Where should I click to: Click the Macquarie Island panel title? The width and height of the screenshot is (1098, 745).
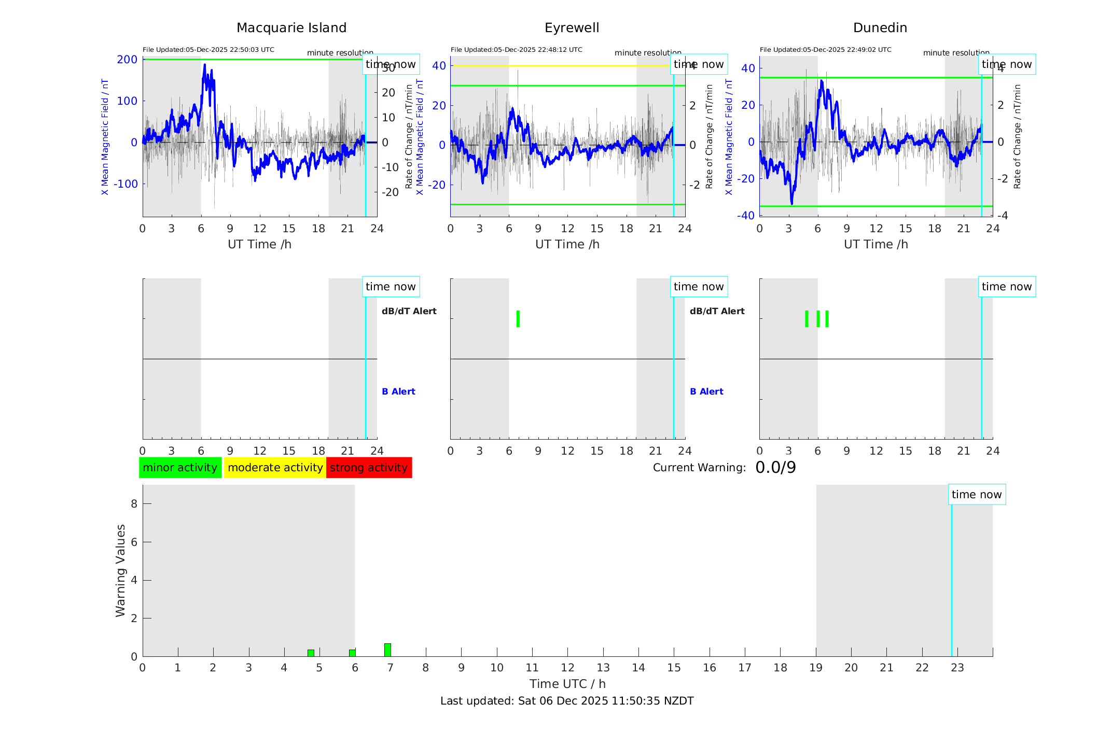click(x=291, y=28)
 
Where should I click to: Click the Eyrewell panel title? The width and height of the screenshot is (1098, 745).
click(x=572, y=28)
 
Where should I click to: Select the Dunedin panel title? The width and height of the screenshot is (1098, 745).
click(x=880, y=28)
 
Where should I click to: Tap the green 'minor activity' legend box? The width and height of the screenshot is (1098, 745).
click(x=180, y=468)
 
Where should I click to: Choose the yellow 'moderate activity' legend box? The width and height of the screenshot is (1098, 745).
click(x=275, y=468)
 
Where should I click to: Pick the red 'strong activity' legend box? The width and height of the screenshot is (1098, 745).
click(x=369, y=468)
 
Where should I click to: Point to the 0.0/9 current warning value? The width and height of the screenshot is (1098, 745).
click(x=775, y=468)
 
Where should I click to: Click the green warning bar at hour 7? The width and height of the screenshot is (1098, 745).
click(x=387, y=650)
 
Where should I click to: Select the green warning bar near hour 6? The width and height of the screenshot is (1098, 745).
click(x=352, y=653)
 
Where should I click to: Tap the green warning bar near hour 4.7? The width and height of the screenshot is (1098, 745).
click(x=311, y=653)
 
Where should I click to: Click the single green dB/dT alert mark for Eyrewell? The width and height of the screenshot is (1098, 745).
click(x=518, y=319)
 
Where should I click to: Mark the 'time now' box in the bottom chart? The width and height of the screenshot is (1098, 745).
click(x=977, y=495)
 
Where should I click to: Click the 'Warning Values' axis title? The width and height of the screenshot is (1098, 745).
click(x=121, y=570)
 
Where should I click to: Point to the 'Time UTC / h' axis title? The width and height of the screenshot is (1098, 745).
click(x=567, y=684)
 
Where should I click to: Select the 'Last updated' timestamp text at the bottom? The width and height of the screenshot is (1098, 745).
click(x=567, y=701)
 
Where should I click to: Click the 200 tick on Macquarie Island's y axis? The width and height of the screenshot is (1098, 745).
click(x=127, y=60)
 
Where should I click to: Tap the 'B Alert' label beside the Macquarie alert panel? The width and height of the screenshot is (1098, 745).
click(x=398, y=391)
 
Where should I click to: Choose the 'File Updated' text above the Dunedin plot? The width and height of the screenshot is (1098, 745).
click(x=825, y=50)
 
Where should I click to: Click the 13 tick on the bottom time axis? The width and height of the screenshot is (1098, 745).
click(x=603, y=668)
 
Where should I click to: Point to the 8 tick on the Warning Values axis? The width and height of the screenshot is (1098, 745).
click(x=134, y=503)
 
